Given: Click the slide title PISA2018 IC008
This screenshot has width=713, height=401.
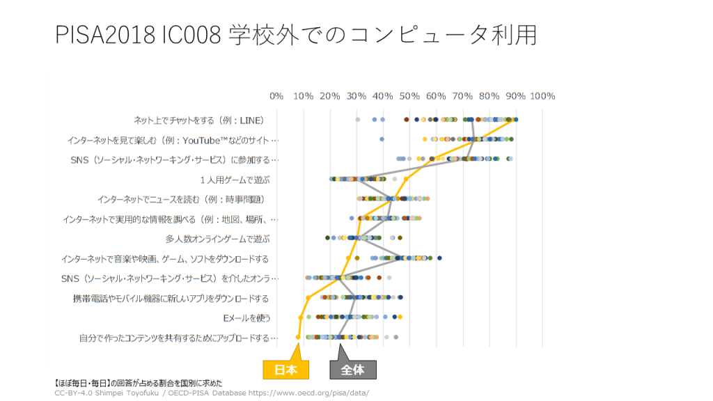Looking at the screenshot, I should click(296, 34).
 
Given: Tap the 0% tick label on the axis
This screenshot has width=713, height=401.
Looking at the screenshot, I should click(276, 96).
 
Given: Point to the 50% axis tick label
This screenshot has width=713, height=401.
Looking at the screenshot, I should click(409, 96).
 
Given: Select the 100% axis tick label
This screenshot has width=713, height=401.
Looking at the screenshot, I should click(542, 96).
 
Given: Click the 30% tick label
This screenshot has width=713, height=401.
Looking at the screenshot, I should click(356, 96).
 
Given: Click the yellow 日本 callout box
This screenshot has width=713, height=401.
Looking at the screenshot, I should click(285, 370).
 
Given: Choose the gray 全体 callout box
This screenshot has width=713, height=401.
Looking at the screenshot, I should click(352, 370).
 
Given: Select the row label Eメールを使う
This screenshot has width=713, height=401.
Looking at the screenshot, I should click(246, 318).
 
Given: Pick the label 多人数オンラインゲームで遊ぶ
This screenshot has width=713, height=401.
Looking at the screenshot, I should click(217, 239).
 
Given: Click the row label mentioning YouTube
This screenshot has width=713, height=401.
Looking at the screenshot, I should click(172, 140).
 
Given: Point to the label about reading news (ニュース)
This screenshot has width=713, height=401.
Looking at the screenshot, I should click(185, 199).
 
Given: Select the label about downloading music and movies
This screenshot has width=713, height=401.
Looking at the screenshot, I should click(164, 259).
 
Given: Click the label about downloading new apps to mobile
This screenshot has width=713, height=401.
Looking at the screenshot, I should click(171, 299).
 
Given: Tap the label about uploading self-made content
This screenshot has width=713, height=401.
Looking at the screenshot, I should click(178, 338).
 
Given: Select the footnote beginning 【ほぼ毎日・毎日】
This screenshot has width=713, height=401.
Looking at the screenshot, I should click(138, 383).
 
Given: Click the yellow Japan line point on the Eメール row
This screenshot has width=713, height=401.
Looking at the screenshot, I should click(301, 317).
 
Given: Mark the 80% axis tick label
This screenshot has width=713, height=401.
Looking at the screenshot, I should click(489, 96).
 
